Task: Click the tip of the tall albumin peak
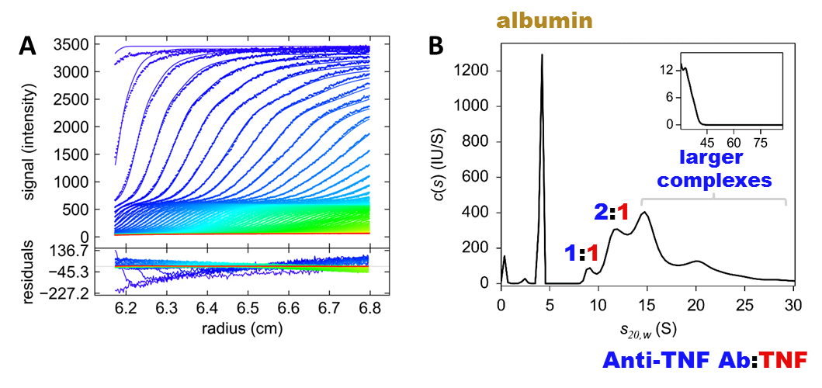tap(542, 55)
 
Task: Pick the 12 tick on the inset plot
tap(667, 70)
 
